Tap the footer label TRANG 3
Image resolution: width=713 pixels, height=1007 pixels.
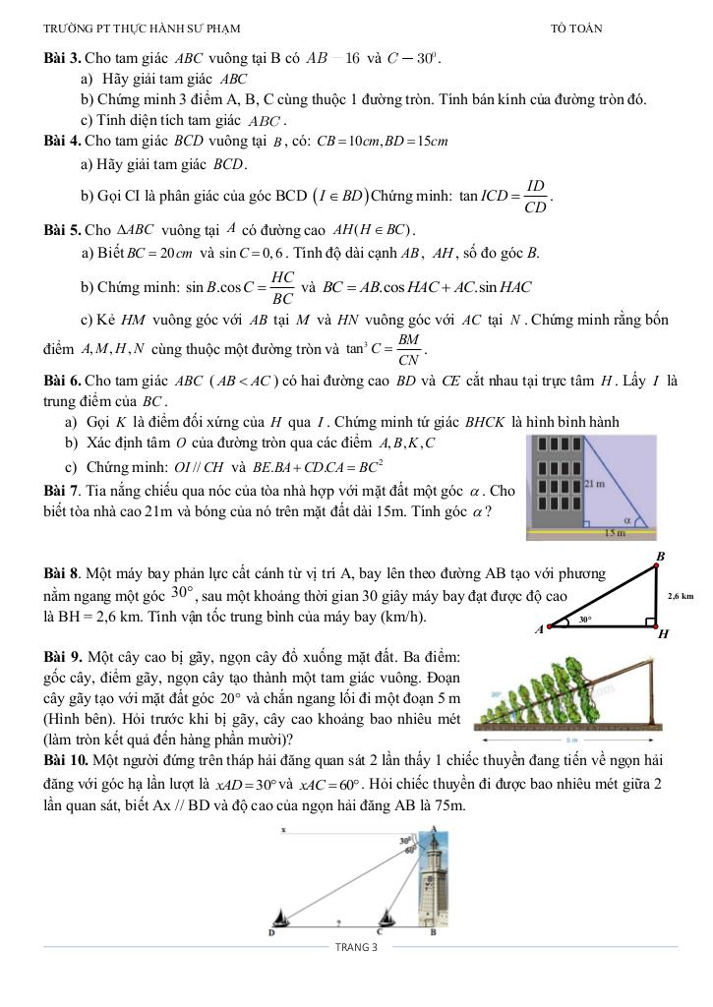[356, 947]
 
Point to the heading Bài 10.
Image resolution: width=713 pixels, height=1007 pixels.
[67, 761]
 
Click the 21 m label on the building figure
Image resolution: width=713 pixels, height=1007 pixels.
[594, 484]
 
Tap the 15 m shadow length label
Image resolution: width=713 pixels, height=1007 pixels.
[615, 532]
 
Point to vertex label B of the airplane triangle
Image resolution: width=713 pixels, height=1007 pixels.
[660, 557]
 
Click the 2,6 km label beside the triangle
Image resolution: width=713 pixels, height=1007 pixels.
[680, 596]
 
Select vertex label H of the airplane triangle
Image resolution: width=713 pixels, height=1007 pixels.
[663, 634]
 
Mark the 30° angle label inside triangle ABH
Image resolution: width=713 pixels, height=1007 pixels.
[584, 620]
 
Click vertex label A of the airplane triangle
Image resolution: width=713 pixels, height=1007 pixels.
[539, 629]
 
